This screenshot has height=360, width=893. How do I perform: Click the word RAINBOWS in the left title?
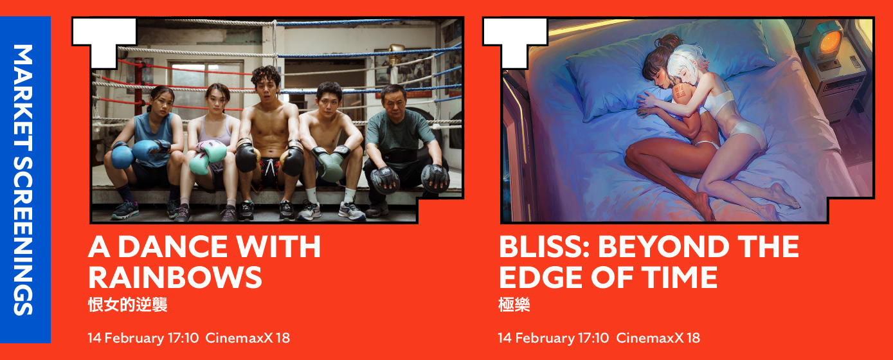(x=175, y=278)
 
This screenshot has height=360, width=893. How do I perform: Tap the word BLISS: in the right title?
(x=545, y=247)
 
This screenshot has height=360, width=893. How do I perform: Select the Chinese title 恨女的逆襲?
(x=127, y=305)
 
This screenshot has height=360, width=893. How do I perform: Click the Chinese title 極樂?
(x=514, y=305)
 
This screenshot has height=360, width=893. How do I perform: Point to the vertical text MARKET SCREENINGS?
(x=23, y=180)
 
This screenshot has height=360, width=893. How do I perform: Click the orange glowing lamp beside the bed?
(x=830, y=41)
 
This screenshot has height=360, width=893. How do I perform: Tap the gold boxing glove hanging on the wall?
(x=395, y=54)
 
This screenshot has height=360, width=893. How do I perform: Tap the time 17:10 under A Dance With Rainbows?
(x=183, y=338)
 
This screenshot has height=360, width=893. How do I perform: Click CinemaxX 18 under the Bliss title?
(x=658, y=338)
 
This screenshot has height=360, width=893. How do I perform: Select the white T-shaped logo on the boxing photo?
(x=104, y=42)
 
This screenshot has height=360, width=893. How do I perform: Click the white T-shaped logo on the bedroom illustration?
(x=515, y=42)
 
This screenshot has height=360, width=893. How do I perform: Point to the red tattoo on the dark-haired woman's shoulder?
(x=680, y=93)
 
